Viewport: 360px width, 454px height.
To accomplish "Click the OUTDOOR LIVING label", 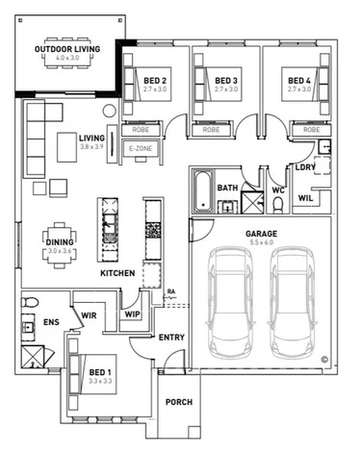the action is pos(67,49).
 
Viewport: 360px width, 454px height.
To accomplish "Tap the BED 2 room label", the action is pos(155,81).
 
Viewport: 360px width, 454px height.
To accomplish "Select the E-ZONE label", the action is pos(141,149).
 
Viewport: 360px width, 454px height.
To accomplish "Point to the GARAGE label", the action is pos(261,234).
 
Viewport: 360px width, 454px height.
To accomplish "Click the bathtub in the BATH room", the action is pos(203,191).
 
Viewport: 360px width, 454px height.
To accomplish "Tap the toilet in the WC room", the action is pos(278,204).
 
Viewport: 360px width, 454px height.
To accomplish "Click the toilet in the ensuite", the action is pos(30,302).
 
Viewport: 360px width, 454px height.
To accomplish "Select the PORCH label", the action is pos(179,402).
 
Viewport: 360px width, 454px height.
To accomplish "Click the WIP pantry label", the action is pos(133,315).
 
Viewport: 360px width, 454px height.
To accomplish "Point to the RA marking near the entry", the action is pos(171,291).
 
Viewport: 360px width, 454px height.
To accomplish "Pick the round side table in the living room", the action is pos(109,111).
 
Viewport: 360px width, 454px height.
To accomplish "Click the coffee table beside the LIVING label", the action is pos(67,147).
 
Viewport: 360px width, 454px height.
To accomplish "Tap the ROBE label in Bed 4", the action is pos(312,130).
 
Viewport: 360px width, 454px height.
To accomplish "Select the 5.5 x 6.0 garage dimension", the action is pos(262,242).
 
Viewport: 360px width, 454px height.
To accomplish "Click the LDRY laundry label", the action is pos(305,167).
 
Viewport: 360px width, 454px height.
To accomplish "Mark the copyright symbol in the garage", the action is pos(324,360).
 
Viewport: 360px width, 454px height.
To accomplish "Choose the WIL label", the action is pos(305,198).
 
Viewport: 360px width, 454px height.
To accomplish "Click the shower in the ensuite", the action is pos(33,357).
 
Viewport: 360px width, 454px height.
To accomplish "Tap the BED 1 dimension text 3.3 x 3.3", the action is pos(100,381).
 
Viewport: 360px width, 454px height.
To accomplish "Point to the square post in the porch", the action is pos(193,432).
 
